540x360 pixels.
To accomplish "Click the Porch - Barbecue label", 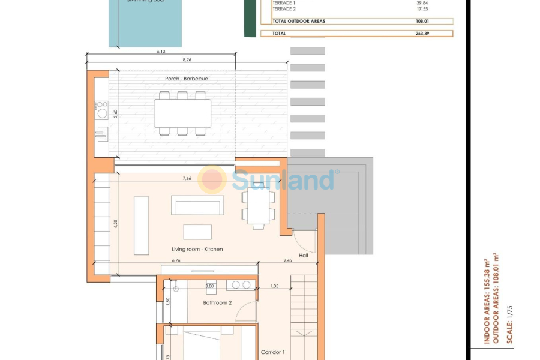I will tap(187, 79).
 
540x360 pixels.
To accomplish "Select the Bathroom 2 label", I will tap(217, 303).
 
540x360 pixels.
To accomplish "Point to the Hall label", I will tap(303, 256).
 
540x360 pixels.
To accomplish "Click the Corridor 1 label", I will tap(273, 352).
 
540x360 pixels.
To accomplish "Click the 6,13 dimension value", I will tap(161, 52).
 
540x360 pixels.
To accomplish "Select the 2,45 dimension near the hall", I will tap(289, 260).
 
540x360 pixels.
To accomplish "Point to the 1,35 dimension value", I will tap(274, 286).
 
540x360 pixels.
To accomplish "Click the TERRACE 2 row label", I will tap(284, 9).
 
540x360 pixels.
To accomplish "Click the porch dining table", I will tap(182, 113).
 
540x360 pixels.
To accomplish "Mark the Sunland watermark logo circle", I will tap(212, 179).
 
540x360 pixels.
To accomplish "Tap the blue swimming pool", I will tap(145, 24).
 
